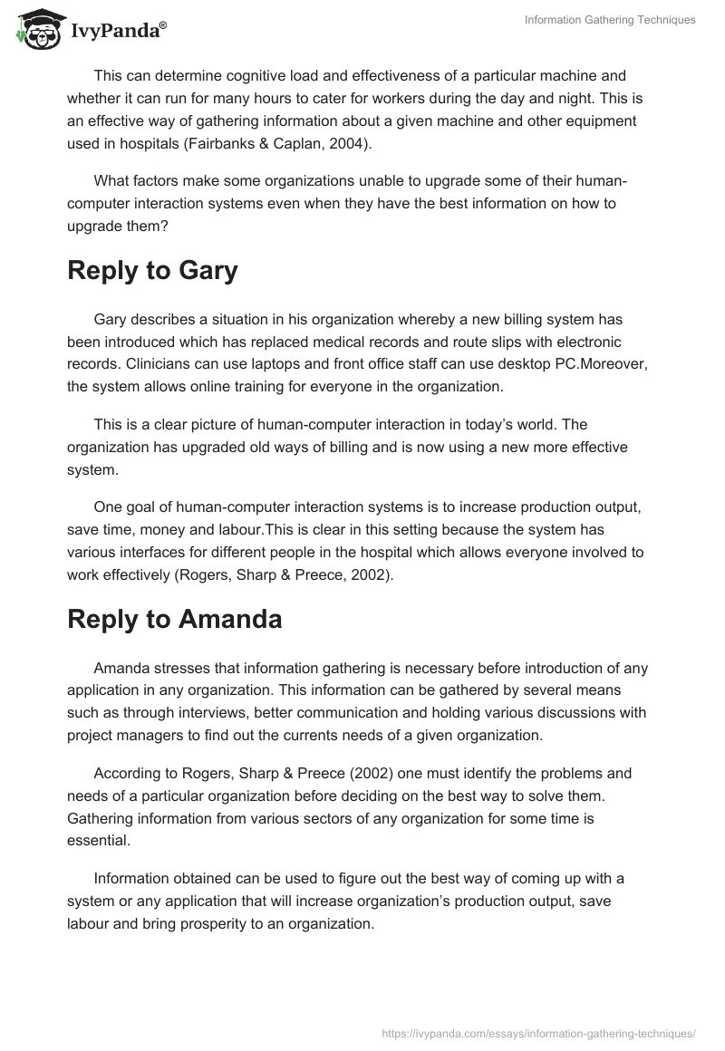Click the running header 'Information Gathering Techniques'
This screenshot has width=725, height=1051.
tap(610, 20)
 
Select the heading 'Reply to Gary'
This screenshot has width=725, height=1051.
tap(152, 271)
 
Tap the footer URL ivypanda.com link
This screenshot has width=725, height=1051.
tap(538, 1032)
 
